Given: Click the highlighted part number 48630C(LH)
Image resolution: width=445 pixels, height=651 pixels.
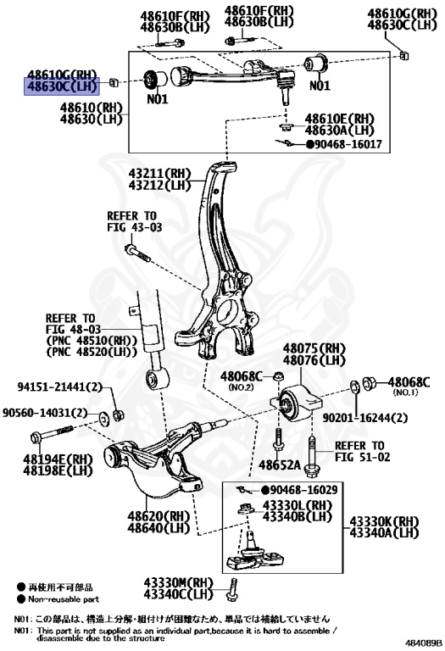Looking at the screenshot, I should point(62,86).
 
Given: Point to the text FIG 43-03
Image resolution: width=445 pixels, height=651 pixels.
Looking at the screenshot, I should point(134,228).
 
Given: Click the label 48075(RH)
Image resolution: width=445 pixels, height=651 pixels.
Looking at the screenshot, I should point(315,348).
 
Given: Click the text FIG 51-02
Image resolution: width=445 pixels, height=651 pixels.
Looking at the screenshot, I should point(359,458).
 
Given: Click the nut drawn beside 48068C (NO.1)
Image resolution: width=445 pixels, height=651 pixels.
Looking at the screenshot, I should point(370,384).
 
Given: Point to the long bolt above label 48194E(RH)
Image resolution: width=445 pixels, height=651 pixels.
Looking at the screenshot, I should point(59,437).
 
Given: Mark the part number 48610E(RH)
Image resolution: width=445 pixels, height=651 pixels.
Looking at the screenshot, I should point(339,118).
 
